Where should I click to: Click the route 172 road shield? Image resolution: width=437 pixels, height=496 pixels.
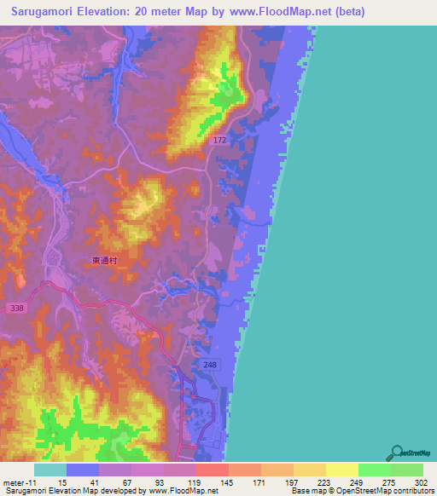tap(219, 138)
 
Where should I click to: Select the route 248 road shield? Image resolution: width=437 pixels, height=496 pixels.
tap(211, 364)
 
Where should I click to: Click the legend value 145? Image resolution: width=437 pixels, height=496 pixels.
tap(228, 482)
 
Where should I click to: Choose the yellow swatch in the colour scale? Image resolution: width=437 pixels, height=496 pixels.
tap(341, 470)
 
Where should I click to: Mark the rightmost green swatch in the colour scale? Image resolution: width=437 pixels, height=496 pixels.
tap(406, 470)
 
